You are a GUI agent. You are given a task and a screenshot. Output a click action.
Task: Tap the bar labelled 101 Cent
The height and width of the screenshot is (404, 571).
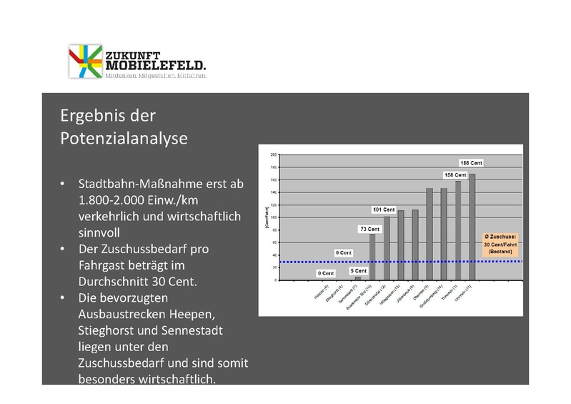click(387, 247)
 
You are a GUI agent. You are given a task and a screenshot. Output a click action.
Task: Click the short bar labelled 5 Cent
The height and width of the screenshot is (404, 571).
click(358, 278)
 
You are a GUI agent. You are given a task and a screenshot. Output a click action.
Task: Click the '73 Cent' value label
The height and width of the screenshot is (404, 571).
click(370, 229)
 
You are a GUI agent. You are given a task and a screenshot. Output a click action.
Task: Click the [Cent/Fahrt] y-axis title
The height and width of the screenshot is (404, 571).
click(265, 217)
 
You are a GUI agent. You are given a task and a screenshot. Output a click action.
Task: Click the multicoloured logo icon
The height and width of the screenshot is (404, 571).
click(85, 61)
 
